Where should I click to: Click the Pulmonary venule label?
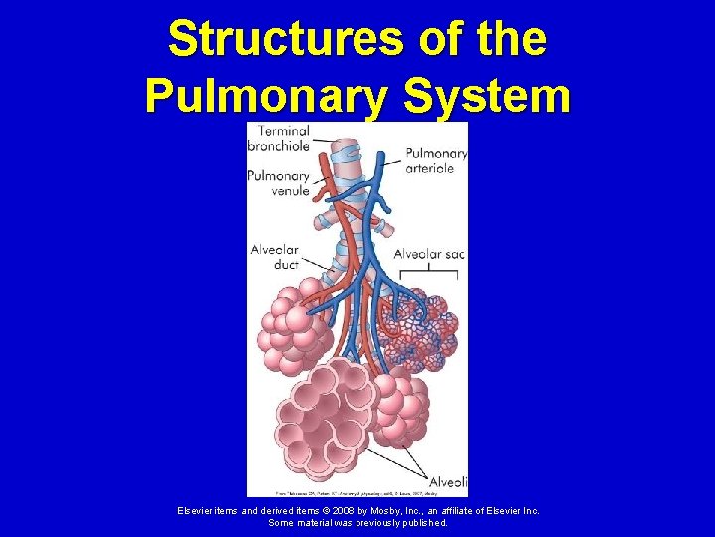pyautogui.click(x=278, y=183)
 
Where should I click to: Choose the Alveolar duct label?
pyautogui.click(x=275, y=258)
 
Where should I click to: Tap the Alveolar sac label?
pyautogui.click(x=429, y=254)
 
